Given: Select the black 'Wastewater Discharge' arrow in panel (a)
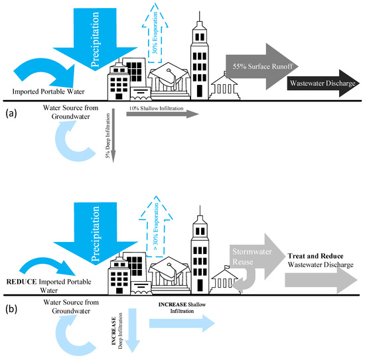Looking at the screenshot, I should point(321,84).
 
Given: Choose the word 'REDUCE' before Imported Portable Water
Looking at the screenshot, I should point(19,280).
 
